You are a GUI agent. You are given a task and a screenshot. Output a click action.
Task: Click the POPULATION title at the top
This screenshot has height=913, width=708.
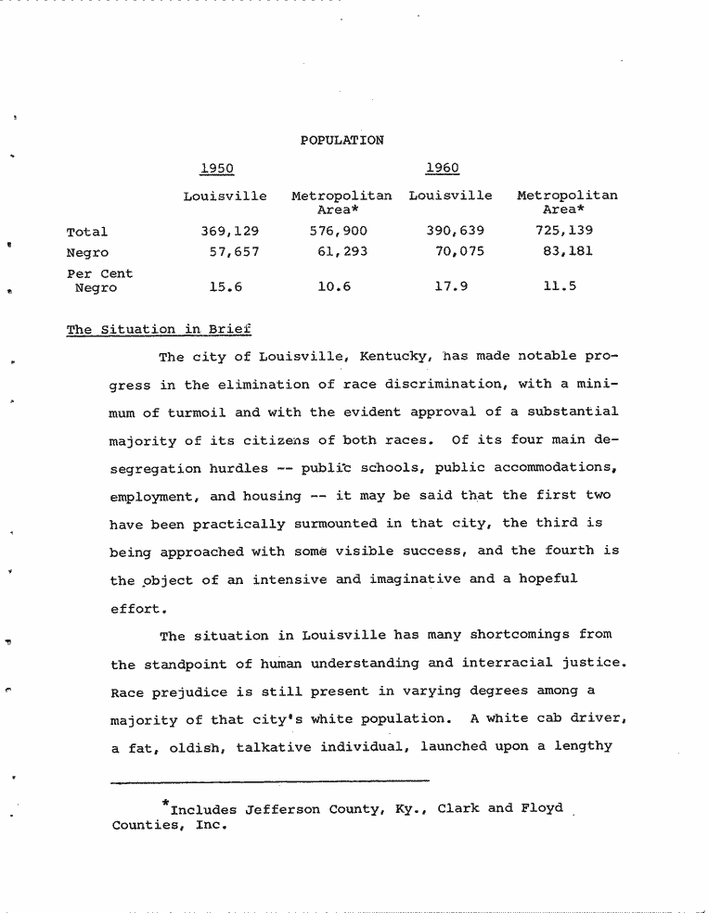click(x=341, y=140)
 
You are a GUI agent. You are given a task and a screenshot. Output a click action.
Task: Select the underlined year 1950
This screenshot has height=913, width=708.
click(x=216, y=168)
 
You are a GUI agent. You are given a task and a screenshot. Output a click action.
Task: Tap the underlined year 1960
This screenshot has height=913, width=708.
click(x=442, y=168)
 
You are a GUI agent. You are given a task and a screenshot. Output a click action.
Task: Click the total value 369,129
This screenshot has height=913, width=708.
click(x=229, y=231)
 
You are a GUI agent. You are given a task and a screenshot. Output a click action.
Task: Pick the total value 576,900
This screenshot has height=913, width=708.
click(x=338, y=231)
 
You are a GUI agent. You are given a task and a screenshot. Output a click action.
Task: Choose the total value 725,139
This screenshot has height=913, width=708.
click(x=564, y=231)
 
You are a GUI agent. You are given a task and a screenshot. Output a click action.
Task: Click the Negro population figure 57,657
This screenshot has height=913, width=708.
click(x=234, y=251)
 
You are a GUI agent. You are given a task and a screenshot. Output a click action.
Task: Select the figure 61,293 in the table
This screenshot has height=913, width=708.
click(x=342, y=251)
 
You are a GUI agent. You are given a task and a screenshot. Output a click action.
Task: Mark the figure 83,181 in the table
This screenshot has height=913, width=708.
click(x=568, y=251)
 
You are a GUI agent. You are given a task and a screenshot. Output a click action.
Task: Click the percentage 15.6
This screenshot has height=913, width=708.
click(x=225, y=287)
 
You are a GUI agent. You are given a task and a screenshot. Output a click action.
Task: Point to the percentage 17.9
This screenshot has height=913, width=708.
click(x=451, y=287)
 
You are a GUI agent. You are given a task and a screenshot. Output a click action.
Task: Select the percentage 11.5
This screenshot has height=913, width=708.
click(x=560, y=287)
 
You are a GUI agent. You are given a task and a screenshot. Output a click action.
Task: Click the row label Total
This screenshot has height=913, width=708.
click(x=87, y=232)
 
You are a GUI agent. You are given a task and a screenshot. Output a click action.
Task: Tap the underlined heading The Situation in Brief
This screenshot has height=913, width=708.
click(x=159, y=330)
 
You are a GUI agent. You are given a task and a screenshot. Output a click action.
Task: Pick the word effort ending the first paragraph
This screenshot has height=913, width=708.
click(x=138, y=609)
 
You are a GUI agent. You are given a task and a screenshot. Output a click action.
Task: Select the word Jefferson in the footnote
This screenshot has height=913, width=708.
click(x=283, y=809)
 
